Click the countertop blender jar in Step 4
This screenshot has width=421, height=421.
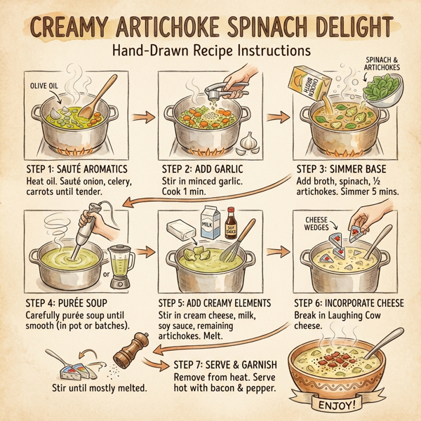123,262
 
